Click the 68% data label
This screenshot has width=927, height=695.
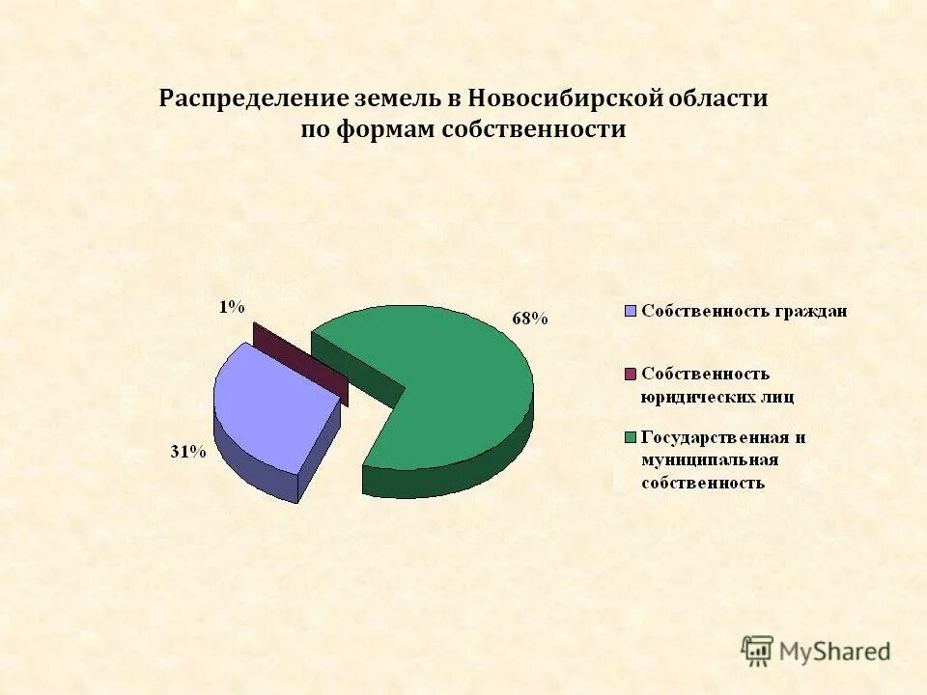coord(530,320)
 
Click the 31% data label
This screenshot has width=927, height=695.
coord(189,451)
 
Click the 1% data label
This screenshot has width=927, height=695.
coord(231,307)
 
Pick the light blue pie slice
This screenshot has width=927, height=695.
coord(270,405)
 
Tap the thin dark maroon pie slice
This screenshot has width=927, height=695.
coord(299,361)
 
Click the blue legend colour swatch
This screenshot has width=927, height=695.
coord(632,311)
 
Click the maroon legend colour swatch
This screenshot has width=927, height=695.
coord(632,374)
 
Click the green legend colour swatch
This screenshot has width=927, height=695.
coord(632,437)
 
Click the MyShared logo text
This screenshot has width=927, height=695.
coord(834,652)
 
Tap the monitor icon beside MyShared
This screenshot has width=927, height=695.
coord(757,651)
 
